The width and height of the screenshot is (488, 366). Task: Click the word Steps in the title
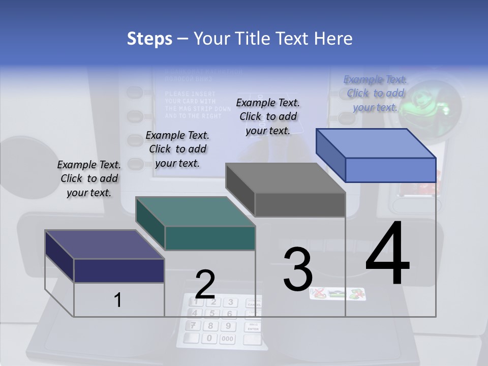click(149, 39)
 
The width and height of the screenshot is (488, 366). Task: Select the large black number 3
click(298, 269)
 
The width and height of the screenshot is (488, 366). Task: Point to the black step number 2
click(205, 285)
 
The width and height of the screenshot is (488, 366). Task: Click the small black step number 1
click(118, 300)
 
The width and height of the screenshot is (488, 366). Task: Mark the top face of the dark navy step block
click(105, 245)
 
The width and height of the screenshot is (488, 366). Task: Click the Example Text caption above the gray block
click(268, 116)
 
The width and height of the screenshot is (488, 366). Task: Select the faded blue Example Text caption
click(375, 93)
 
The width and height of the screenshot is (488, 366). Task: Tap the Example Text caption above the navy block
click(89, 178)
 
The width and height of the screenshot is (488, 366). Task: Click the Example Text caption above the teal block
click(177, 149)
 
